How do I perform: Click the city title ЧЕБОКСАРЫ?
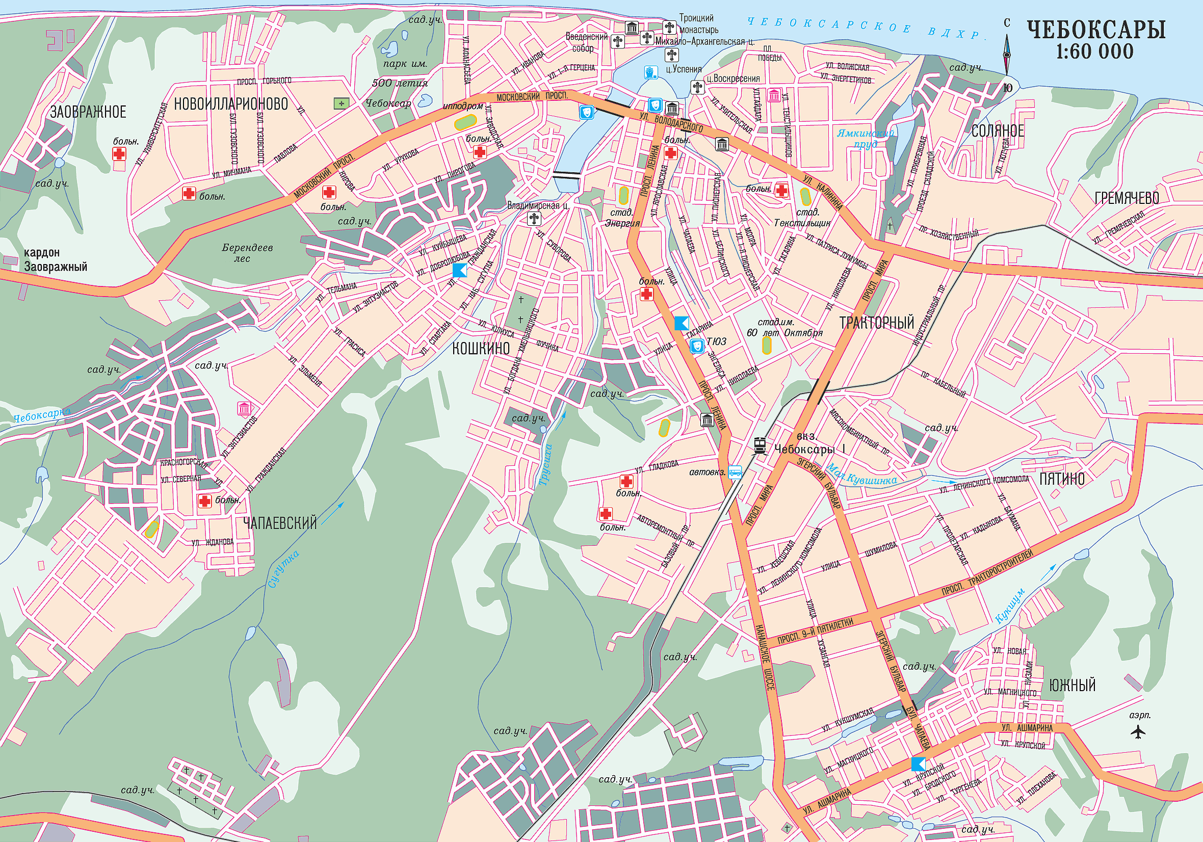pyautogui.click(x=1095, y=30)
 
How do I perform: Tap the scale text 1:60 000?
pyautogui.click(x=1094, y=52)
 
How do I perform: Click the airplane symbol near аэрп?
pyautogui.click(x=1138, y=731)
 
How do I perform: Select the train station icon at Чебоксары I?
pyautogui.click(x=760, y=445)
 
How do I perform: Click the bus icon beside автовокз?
pyautogui.click(x=735, y=472)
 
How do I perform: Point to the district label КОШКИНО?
pyautogui.click(x=481, y=349)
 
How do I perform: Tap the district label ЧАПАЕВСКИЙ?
pyautogui.click(x=280, y=523)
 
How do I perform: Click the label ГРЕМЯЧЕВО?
pyautogui.click(x=1127, y=198)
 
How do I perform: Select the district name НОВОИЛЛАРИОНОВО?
pyautogui.click(x=230, y=104)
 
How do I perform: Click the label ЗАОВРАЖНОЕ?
pyautogui.click(x=88, y=112)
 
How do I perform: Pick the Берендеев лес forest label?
pyautogui.click(x=247, y=252)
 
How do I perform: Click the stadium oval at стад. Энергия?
pyautogui.click(x=623, y=195)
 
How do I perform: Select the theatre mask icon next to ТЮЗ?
pyautogui.click(x=696, y=346)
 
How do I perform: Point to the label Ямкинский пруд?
pyautogui.click(x=866, y=139)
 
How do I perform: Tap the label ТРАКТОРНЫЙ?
pyautogui.click(x=877, y=323)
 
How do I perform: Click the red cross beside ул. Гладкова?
pyautogui.click(x=626, y=481)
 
